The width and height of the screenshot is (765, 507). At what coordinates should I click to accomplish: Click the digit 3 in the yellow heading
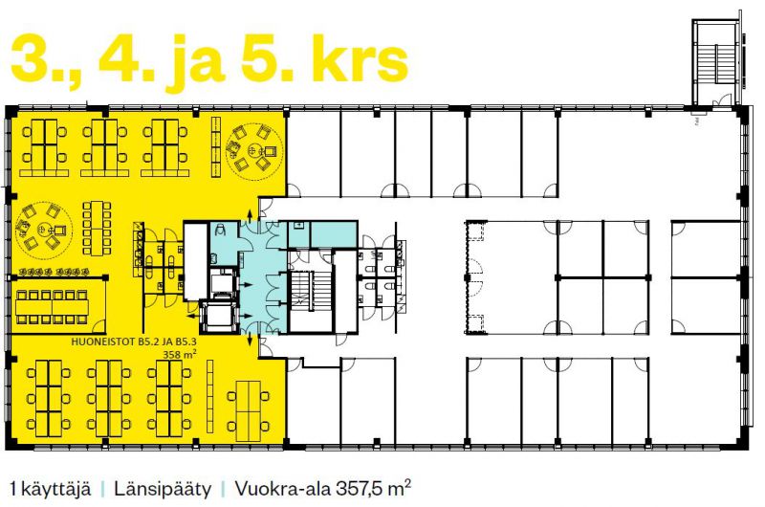(30, 58)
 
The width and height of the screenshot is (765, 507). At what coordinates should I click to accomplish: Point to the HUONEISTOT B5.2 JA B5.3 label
(134, 342)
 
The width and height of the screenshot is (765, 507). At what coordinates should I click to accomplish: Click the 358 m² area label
(180, 354)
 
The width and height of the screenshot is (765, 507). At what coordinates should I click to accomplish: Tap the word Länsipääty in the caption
(163, 489)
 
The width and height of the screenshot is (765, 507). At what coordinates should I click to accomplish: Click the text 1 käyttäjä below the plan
(51, 489)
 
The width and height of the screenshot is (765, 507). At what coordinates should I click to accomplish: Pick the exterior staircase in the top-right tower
(716, 64)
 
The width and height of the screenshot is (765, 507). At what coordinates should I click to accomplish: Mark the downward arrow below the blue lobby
(251, 340)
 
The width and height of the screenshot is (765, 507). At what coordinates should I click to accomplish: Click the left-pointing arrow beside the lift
(194, 317)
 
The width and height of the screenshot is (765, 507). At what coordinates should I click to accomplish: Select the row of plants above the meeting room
(55, 272)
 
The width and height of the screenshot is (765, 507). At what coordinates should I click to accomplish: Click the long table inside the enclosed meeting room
(52, 307)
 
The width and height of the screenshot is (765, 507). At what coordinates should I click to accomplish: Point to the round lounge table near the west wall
(44, 229)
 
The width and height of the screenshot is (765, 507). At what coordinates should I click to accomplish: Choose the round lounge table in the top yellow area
(254, 149)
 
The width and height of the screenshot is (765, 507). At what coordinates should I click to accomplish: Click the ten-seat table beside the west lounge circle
(97, 228)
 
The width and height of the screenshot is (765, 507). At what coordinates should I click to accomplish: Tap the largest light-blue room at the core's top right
(333, 233)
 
